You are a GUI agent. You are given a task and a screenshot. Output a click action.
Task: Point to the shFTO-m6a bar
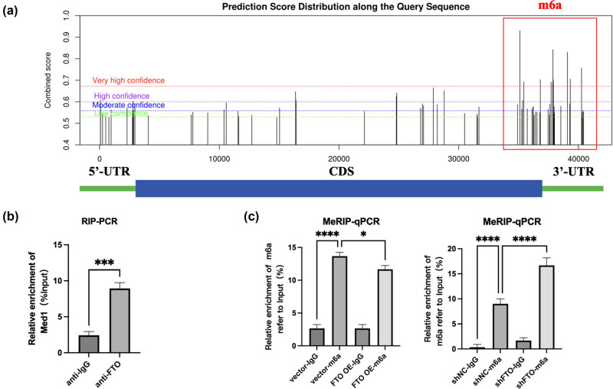click(x=545, y=307)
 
